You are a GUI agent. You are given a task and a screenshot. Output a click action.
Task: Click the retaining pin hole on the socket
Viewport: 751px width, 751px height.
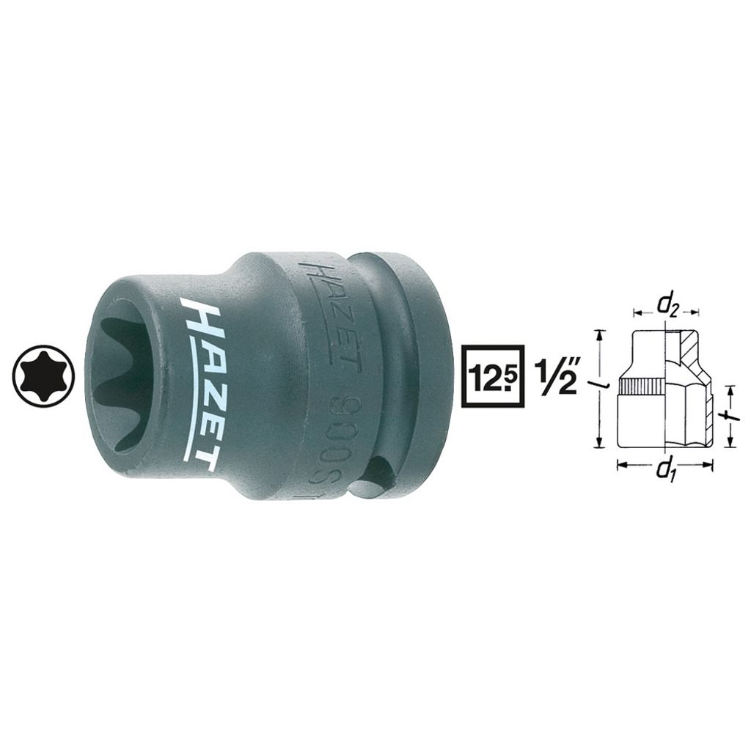pyautogui.click(x=383, y=470)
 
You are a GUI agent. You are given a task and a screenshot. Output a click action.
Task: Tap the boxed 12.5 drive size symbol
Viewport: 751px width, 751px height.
pyautogui.click(x=491, y=375)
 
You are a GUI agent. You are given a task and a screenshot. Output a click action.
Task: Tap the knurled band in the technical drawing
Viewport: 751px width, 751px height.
pyautogui.click(x=642, y=386)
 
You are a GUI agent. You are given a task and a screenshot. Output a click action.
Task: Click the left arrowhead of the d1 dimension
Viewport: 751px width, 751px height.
pyautogui.click(x=620, y=464)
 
